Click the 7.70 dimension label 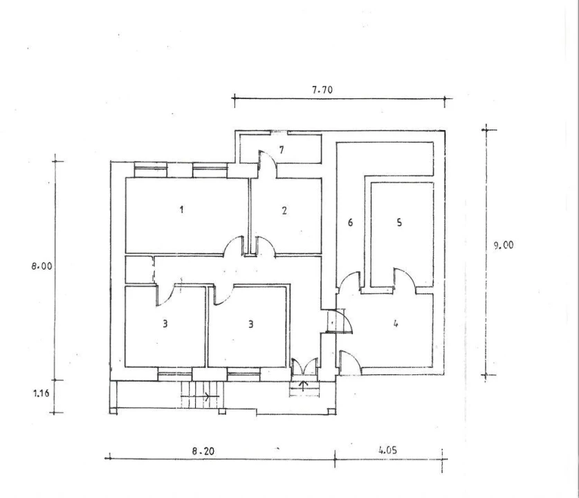pyautogui.click(x=322, y=90)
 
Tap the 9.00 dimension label pyautogui.click(x=504, y=245)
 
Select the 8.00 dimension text pyautogui.click(x=42, y=266)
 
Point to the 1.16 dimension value pyautogui.click(x=41, y=393)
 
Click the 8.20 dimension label pyautogui.click(x=203, y=451)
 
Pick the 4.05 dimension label pyautogui.click(x=387, y=450)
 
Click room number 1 pyautogui.click(x=181, y=210)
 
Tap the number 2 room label pyautogui.click(x=284, y=210)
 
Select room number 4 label pyautogui.click(x=396, y=324)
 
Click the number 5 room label pyautogui.click(x=399, y=222)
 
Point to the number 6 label pyautogui.click(x=350, y=222)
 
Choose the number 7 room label pyautogui.click(x=282, y=150)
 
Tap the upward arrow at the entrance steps pyautogui.click(x=304, y=386)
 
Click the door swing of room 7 pyautogui.click(x=267, y=164)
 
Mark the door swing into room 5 pyautogui.click(x=405, y=277)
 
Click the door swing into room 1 pyautogui.click(x=234, y=246)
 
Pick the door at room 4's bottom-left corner pyautogui.click(x=350, y=362)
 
